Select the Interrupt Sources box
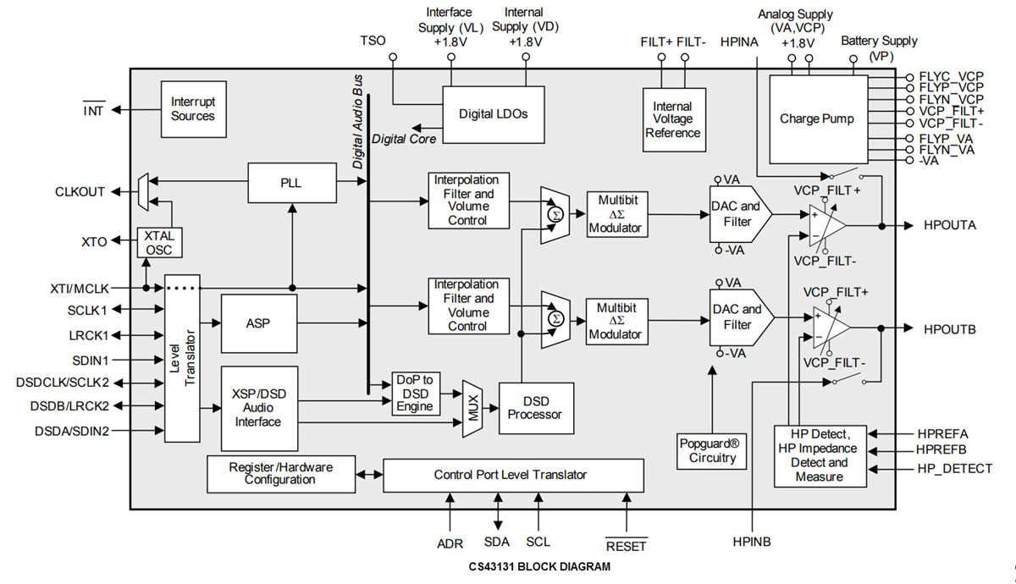pyautogui.click(x=193, y=109)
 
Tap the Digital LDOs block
pyautogui.click(x=493, y=113)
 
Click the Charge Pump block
pyautogui.click(x=817, y=118)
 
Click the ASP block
pyautogui.click(x=258, y=323)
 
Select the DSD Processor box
pyautogui.click(x=536, y=407)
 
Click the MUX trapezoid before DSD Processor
pyautogui.click(x=472, y=408)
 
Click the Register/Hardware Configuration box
pyautogui.click(x=280, y=473)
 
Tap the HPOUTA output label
pyautogui.click(x=950, y=226)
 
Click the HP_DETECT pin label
pyautogui.click(x=954, y=468)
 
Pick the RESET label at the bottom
pyautogui.click(x=626, y=546)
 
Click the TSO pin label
pyautogui.click(x=373, y=41)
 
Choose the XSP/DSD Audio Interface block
pyautogui.click(x=258, y=408)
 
